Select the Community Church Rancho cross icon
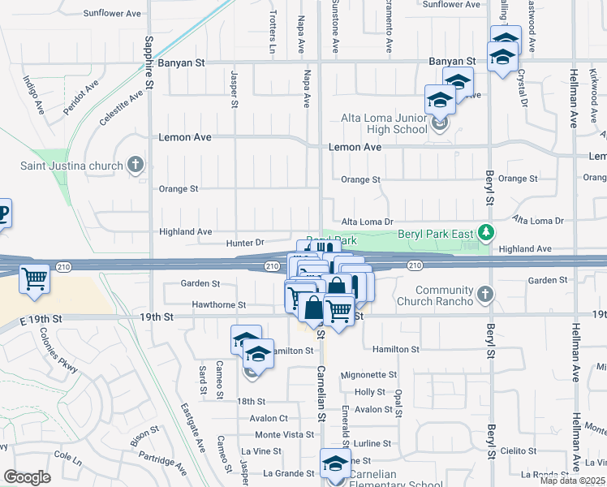tap(485, 294)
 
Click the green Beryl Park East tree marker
tap(486, 234)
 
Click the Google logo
tap(27, 477)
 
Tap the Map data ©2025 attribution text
tap(572, 481)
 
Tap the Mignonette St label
tap(368, 375)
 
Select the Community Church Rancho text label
tap(433, 296)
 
